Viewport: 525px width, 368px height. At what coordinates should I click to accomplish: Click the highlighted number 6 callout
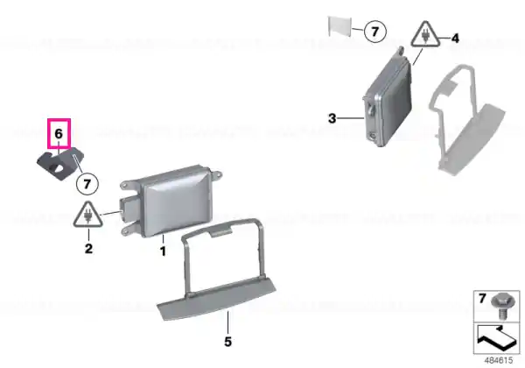tap(59, 134)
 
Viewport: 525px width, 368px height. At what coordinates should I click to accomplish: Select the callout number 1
tap(163, 251)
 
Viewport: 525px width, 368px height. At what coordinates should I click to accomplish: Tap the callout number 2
tap(88, 249)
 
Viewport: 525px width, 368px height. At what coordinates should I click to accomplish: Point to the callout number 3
tap(332, 118)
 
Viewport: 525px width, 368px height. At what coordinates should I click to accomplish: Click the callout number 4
tap(455, 39)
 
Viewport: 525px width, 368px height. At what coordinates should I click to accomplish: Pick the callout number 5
tap(227, 342)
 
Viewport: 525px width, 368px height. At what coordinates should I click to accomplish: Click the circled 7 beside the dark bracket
tap(87, 184)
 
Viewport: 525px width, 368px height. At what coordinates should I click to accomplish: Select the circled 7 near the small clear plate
tap(375, 32)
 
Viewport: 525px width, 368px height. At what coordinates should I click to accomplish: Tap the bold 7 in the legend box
tap(482, 298)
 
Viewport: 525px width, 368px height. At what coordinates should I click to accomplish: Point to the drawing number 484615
tap(499, 361)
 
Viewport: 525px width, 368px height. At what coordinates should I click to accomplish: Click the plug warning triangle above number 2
tap(88, 215)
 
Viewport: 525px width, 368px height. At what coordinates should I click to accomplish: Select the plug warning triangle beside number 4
tap(425, 34)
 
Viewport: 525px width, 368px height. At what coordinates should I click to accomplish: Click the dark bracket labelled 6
tap(60, 164)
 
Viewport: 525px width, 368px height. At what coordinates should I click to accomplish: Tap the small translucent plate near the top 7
tap(339, 26)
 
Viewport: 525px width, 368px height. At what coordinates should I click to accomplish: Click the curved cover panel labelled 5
tap(217, 300)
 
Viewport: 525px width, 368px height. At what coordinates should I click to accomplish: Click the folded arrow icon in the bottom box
tap(496, 338)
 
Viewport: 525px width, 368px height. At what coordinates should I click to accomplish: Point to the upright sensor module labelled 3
tap(388, 100)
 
